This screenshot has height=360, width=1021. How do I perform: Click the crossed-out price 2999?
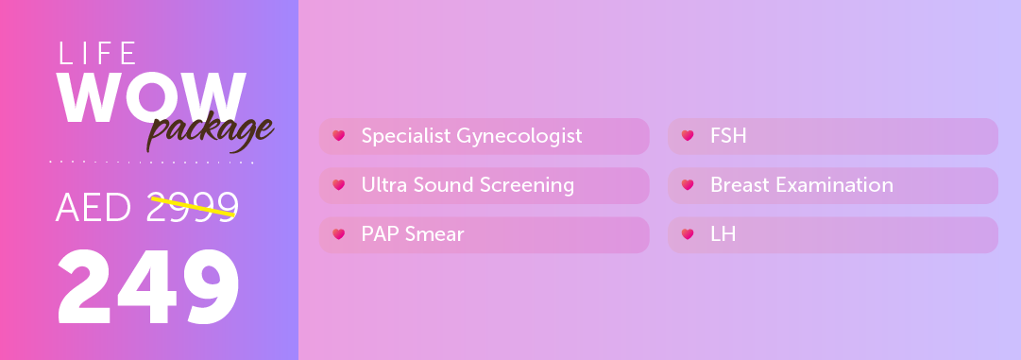click(192, 207)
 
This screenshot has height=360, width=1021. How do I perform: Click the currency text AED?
click(94, 208)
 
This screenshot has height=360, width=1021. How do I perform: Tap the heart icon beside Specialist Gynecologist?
click(338, 136)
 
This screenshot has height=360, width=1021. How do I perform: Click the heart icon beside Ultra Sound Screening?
click(338, 185)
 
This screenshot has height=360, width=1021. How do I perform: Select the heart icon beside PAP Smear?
click(338, 234)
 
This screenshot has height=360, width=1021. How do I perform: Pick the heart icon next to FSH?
click(688, 136)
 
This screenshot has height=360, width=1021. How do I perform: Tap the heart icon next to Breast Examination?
click(688, 185)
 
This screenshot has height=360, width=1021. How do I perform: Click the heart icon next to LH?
click(688, 234)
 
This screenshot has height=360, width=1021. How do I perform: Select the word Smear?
click(434, 234)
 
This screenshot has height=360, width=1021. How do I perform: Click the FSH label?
click(728, 136)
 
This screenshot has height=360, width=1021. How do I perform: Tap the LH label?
click(723, 234)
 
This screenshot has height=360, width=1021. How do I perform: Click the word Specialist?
click(406, 136)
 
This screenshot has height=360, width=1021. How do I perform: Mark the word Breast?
click(740, 185)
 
